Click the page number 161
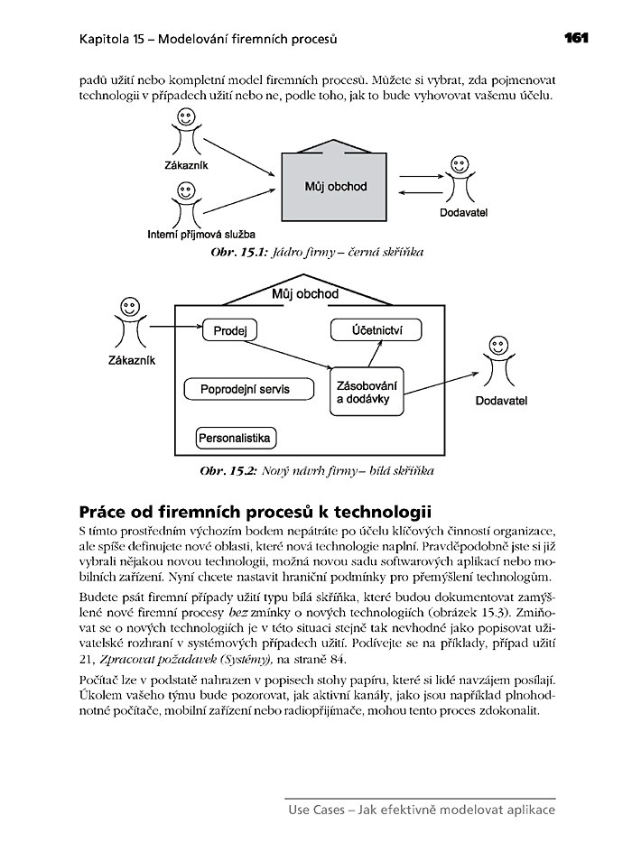(x=576, y=38)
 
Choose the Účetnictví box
(x=376, y=331)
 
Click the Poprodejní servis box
(x=249, y=389)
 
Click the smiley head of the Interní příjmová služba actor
(x=188, y=190)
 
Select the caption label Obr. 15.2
(x=229, y=471)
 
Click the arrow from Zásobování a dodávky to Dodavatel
(x=442, y=380)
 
